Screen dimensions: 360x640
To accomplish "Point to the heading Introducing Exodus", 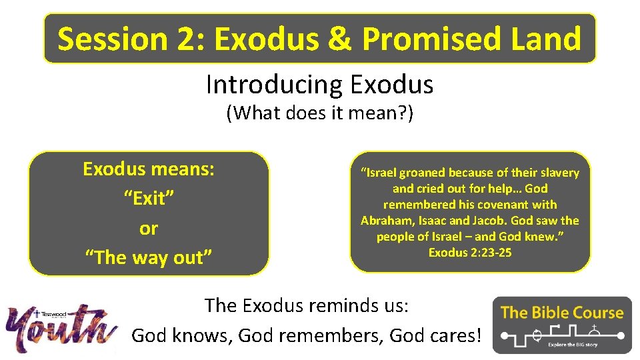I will pos(319,85).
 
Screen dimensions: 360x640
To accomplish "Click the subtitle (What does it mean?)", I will pos(319,113).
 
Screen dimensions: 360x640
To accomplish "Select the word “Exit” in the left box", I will pos(149,198).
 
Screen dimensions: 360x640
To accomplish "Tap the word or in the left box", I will pos(149,228).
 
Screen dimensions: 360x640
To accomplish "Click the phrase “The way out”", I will pos(149,257).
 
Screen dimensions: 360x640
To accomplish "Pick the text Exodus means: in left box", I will pos(149,169).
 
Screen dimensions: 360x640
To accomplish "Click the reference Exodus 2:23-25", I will pos(470,253).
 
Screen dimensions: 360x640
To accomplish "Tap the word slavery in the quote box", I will pos(558,173).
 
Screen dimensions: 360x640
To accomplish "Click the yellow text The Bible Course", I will pos(561,312).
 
